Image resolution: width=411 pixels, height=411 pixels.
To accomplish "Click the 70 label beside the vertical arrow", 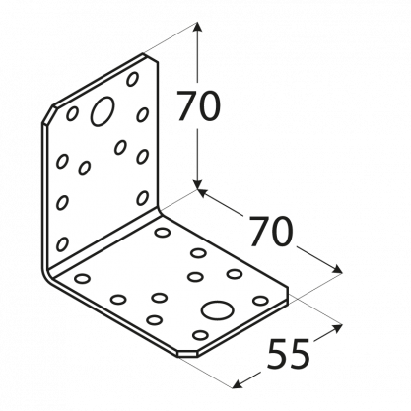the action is point(199,105).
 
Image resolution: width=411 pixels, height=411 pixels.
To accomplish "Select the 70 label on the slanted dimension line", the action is point(270,232).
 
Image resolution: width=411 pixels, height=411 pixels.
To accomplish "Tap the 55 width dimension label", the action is point(288,354).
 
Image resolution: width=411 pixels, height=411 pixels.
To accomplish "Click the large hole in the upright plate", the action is point(103,111).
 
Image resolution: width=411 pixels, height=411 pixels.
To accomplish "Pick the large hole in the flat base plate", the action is point(218,310).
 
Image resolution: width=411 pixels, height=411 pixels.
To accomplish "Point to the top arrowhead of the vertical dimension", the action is point(197,27).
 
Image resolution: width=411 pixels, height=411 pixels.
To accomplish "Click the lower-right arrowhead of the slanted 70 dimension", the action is point(337,270).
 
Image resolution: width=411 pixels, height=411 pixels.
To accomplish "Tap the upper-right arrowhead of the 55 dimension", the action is point(338,327).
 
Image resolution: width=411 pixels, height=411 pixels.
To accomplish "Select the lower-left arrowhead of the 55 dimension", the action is point(237,384).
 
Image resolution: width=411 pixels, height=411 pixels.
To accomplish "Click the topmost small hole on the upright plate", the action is point(132,79).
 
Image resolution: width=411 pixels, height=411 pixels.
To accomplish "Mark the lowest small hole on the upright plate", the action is point(62,244).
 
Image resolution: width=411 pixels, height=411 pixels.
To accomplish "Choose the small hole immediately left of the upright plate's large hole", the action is point(72,113).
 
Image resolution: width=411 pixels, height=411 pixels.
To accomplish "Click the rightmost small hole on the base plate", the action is point(260,301).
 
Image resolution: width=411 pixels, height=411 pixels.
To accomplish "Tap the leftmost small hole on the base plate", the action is point(82,279).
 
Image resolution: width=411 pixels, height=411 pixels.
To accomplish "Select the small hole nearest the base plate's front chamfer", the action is point(200,335).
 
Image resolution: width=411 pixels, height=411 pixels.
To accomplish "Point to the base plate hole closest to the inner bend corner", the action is point(163,233).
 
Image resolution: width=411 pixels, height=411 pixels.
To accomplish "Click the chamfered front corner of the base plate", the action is point(187,353).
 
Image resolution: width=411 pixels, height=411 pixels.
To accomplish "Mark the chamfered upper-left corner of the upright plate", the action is point(48,115).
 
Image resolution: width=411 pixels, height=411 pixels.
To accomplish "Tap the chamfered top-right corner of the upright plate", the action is point(150,57).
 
